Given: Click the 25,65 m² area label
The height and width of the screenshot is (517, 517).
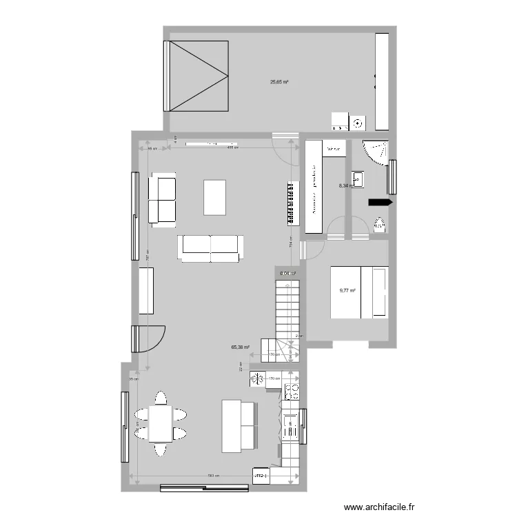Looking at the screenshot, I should pos(279,82).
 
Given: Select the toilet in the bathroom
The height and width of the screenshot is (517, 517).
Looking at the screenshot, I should pos(380,225).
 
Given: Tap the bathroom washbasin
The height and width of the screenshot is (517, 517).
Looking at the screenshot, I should pos(359,179).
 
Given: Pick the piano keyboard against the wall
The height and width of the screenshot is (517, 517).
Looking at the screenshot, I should pos(292,203).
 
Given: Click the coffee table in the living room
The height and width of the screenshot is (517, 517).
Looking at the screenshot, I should pos(214,196).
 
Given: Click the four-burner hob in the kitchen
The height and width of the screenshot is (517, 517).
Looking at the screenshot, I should pos(291,391).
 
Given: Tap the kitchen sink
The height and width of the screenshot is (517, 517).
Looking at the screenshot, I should pos(291,426).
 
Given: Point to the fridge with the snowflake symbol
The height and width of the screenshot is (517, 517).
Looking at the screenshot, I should pos(258,378).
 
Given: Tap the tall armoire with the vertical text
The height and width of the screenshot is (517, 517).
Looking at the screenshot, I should pos(315,186).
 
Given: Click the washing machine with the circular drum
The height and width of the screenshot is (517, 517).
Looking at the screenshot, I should pos(358,123).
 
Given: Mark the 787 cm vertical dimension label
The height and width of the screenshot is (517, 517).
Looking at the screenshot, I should pos(148,254).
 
